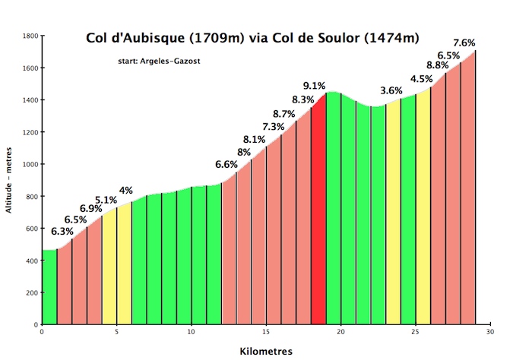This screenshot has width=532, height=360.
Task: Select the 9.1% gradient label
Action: coord(314,86)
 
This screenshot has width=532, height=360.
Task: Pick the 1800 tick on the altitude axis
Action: coord(30,36)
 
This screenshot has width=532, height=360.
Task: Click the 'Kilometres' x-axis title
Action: coord(266,352)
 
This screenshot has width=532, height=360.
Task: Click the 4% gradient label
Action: coord(126,190)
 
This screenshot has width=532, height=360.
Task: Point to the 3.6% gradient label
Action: coord(391,90)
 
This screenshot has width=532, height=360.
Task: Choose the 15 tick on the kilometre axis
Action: coord(266,331)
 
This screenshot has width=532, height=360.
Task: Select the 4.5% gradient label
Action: coord(421,79)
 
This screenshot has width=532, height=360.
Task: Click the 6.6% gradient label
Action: coord(226,164)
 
